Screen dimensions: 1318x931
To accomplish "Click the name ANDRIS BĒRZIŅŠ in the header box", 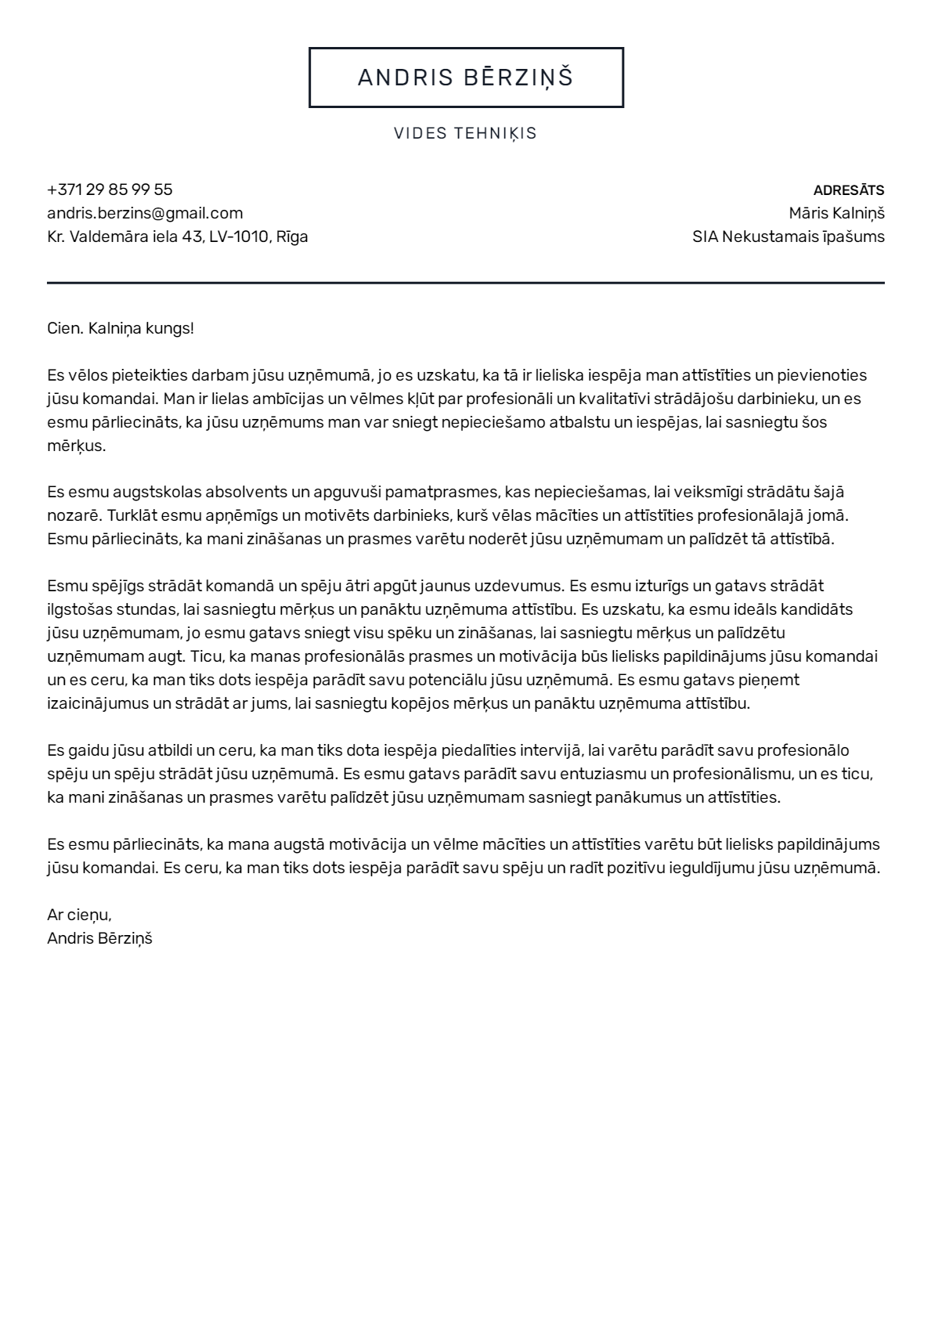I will pos(466,78).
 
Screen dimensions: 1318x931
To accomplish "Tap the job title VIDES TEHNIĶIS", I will pos(466,133).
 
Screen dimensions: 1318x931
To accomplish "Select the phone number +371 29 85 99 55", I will pos(110,190).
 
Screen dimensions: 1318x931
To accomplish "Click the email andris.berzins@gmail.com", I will pos(145,213).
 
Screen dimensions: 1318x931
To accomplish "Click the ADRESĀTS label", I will pos(849,190).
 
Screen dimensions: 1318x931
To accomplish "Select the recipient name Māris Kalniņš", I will pos(836,213).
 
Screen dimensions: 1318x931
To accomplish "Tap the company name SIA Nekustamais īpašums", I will pos(788,237).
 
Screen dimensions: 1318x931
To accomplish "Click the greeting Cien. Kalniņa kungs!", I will pos(121,328).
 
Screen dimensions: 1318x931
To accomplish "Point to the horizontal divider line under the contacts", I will pos(466,282).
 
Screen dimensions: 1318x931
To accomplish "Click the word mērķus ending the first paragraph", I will pos(76,446).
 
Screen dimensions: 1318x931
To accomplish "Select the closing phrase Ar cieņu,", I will pos(79,915).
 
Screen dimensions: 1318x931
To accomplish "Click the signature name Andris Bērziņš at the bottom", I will pos(99,938).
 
